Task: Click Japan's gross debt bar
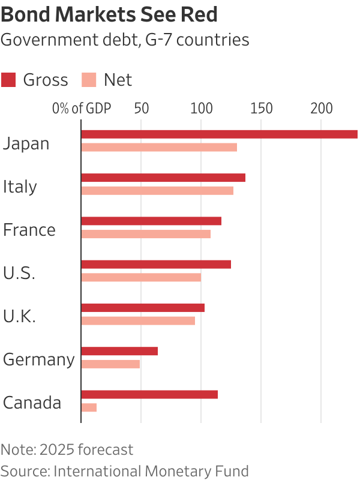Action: click(x=219, y=134)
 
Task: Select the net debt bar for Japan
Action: click(x=159, y=148)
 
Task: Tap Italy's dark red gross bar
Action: click(x=163, y=178)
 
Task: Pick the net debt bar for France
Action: click(x=146, y=234)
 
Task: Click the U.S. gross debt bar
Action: click(x=156, y=264)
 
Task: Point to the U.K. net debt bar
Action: click(x=138, y=321)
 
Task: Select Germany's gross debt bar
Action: click(x=119, y=351)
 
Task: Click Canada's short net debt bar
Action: click(x=89, y=407)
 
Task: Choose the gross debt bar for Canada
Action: click(x=149, y=394)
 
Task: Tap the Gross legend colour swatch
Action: click(x=8, y=80)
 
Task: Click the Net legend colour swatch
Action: click(x=89, y=80)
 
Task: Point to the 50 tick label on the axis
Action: click(x=141, y=109)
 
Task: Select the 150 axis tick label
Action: click(x=261, y=109)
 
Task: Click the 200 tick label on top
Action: click(x=321, y=109)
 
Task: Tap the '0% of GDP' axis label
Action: click(x=82, y=109)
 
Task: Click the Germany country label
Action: click(x=38, y=359)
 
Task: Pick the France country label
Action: click(x=29, y=230)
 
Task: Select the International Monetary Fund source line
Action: click(x=124, y=470)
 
